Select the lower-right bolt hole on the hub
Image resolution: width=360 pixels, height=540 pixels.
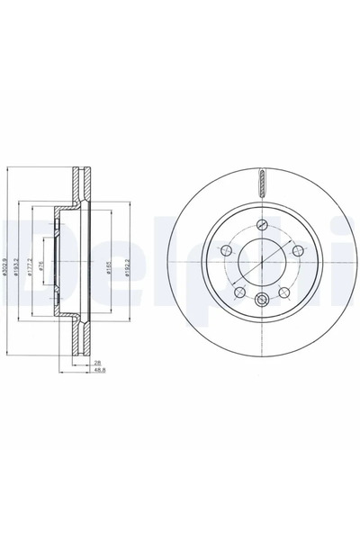pyautogui.click(x=283, y=290)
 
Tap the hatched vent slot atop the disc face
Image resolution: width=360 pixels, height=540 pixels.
pyautogui.click(x=261, y=183)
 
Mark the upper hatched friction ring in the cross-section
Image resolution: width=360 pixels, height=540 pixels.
pyautogui.click(x=78, y=184)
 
